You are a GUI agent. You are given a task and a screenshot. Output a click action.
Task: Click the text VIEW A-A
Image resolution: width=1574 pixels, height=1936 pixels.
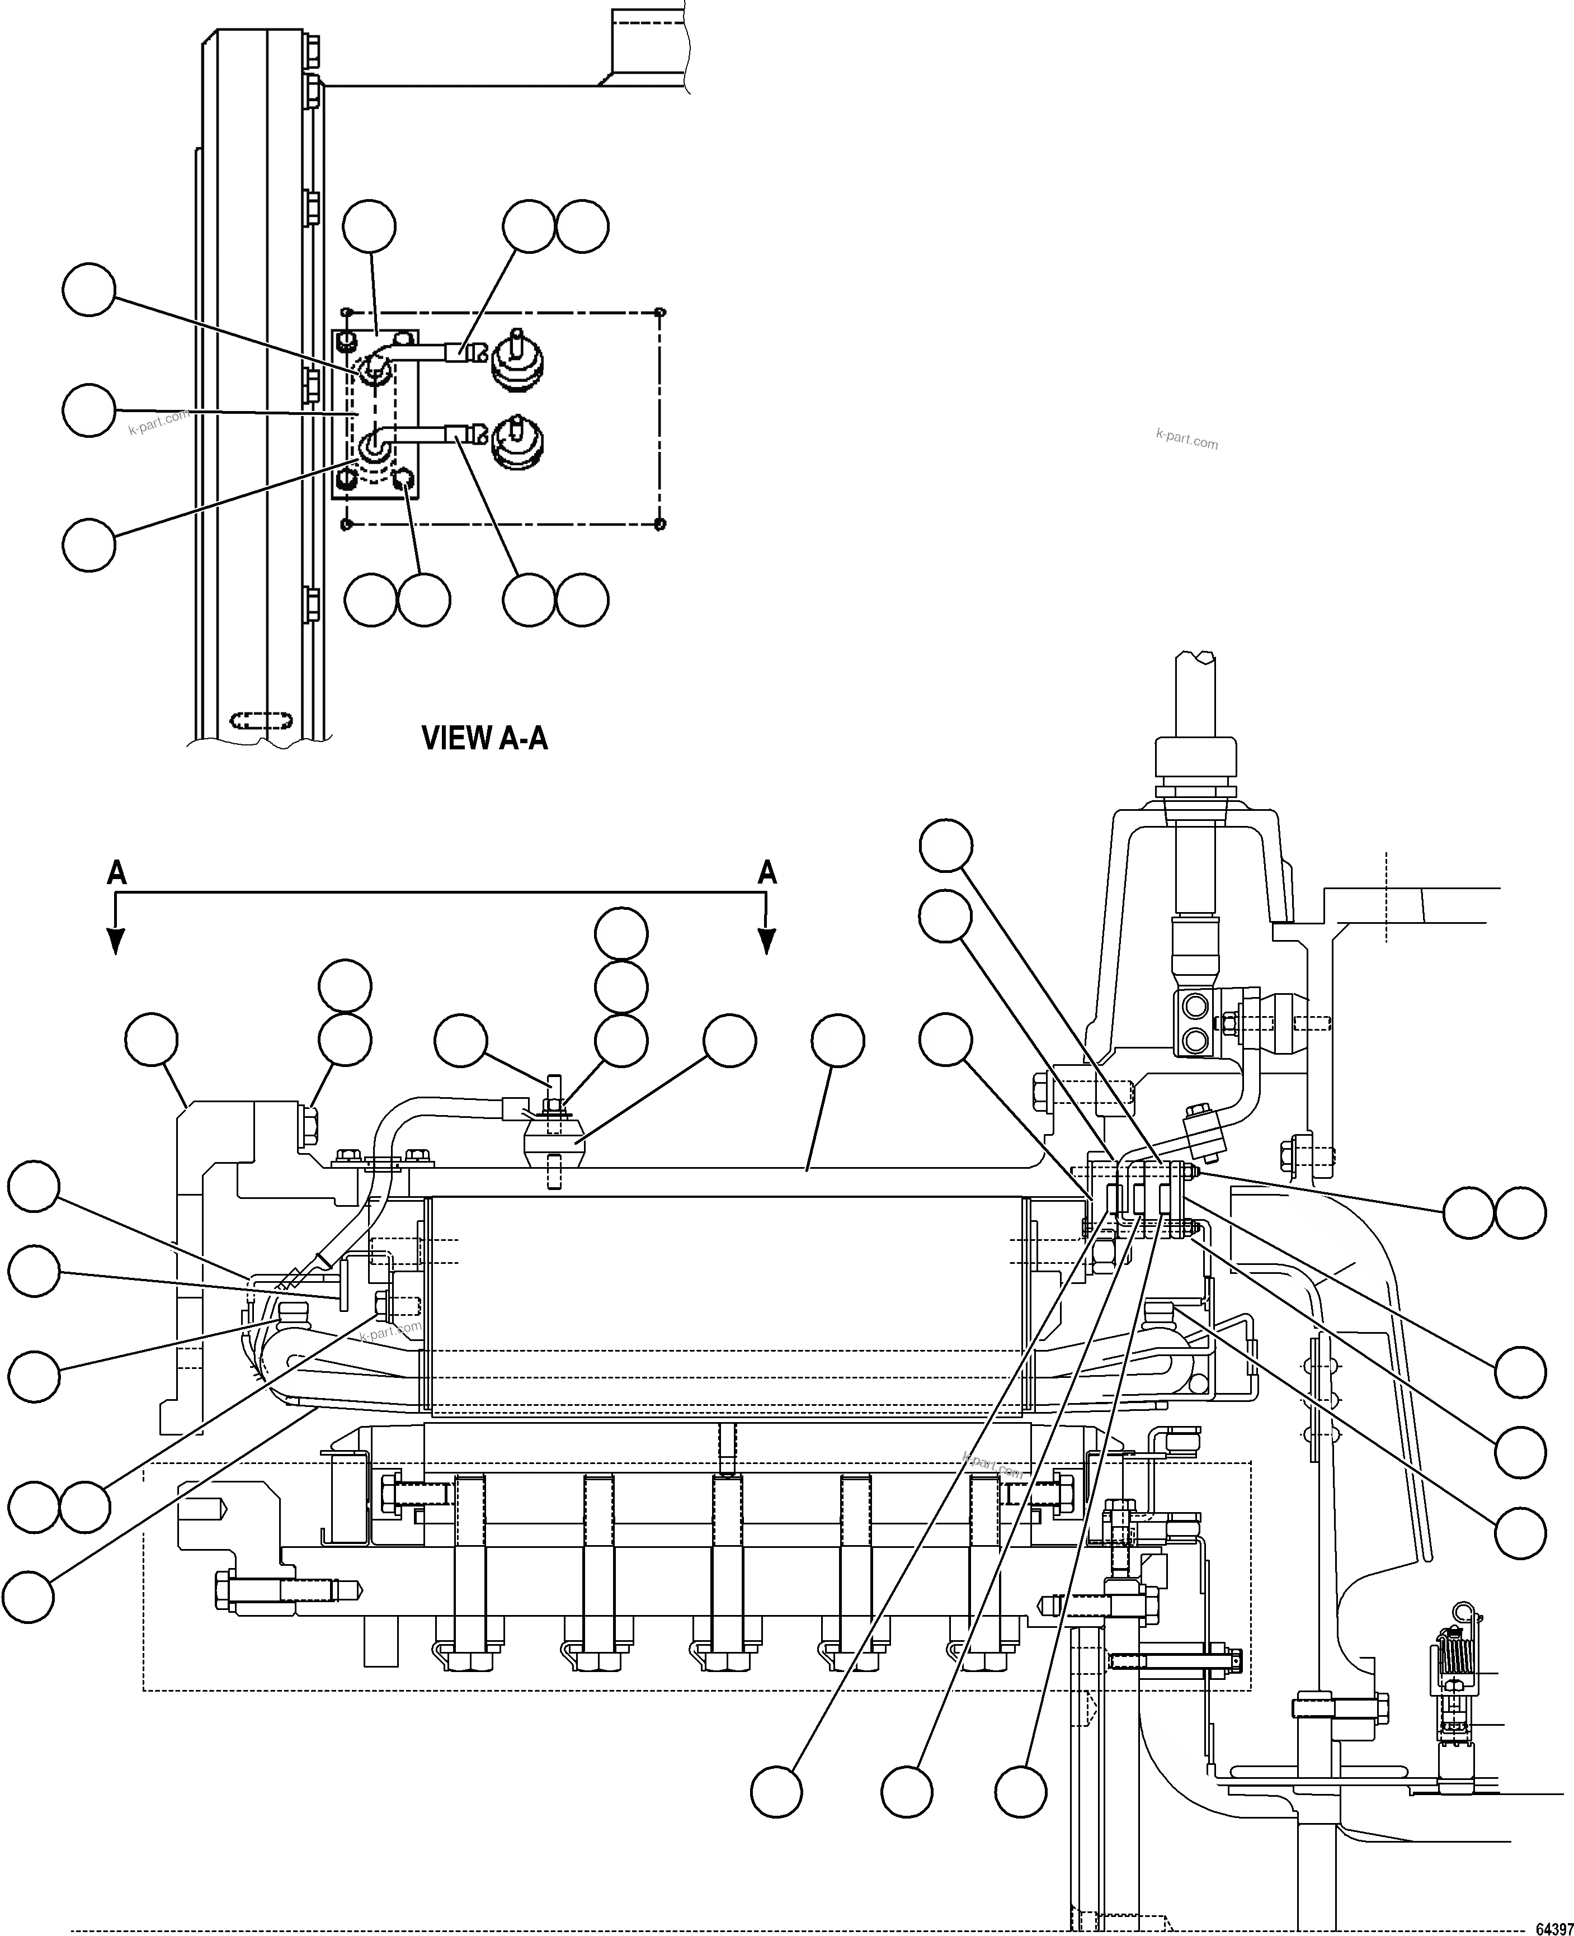point(484,738)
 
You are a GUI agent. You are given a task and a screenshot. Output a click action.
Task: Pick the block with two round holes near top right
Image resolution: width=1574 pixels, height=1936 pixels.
point(1194,1022)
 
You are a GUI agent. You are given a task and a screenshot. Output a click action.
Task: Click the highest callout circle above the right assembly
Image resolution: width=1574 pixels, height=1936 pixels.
point(946,846)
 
